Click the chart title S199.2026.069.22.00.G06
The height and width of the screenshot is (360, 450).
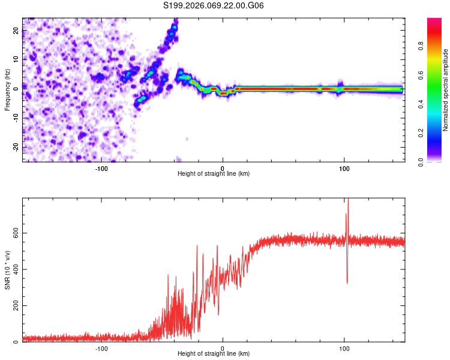pyautogui.click(x=214, y=6)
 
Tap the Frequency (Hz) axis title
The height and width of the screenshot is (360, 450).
pyautogui.click(x=8, y=89)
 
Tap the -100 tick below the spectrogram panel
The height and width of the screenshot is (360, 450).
pyautogui.click(x=101, y=169)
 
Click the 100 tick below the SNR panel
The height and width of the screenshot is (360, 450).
pyautogui.click(x=344, y=349)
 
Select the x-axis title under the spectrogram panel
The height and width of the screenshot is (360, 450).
pyautogui.click(x=214, y=174)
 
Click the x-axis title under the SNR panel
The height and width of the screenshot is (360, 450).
pyautogui.click(x=214, y=354)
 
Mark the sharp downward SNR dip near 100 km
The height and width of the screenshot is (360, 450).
pyautogui.click(x=347, y=282)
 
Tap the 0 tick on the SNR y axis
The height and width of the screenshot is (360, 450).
pyautogui.click(x=17, y=342)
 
